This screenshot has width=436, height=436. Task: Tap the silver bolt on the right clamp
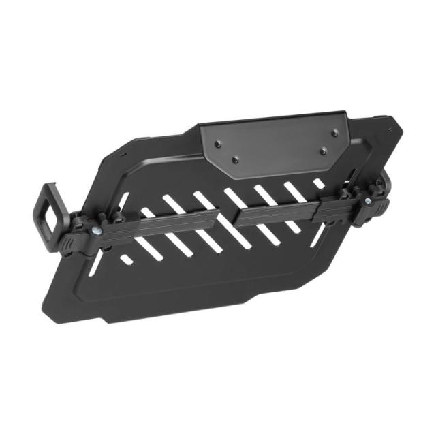click(369, 202)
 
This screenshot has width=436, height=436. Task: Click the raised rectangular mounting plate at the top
click(272, 143)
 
